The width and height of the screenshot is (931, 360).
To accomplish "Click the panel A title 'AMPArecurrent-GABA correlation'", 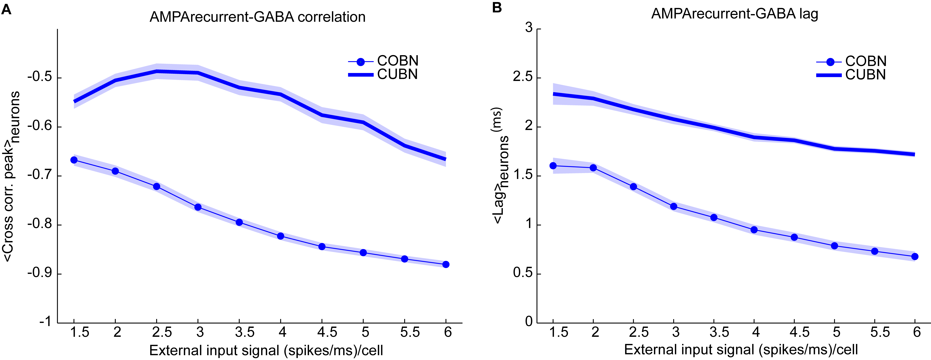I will pyautogui.click(x=257, y=17).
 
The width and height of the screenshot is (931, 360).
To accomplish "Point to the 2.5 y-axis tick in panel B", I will pyautogui.click(x=523, y=78).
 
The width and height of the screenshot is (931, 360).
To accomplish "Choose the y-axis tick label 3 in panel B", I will pyautogui.click(x=529, y=27).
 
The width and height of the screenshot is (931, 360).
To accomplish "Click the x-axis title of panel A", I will pyautogui.click(x=266, y=350).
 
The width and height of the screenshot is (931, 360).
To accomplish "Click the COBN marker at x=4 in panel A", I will pyautogui.click(x=280, y=236).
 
